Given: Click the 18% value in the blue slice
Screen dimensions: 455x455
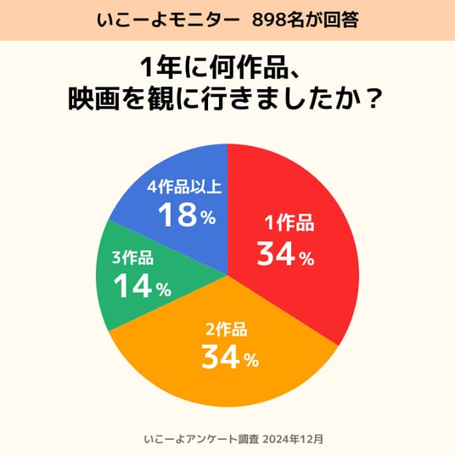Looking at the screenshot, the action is (187, 215).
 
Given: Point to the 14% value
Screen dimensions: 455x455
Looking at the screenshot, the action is (143, 286).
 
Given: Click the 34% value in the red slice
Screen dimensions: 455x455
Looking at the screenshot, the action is (285, 254).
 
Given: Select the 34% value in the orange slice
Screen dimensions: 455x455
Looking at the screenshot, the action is (230, 357).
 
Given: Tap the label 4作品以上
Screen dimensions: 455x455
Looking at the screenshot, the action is (184, 187).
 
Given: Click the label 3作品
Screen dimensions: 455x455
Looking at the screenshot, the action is (132, 257).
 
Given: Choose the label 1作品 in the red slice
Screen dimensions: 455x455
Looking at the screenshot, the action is (289, 223).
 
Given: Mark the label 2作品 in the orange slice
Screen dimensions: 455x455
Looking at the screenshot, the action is (227, 329).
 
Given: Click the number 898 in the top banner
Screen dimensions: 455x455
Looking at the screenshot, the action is (268, 20).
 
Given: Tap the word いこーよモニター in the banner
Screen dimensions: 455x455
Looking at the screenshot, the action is (169, 20).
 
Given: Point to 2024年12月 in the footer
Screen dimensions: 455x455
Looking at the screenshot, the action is (293, 439).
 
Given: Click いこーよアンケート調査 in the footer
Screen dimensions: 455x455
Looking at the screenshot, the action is (201, 439).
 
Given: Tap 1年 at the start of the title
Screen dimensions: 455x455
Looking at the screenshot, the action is (157, 68).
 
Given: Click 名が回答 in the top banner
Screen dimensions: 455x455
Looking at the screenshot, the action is (322, 20).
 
